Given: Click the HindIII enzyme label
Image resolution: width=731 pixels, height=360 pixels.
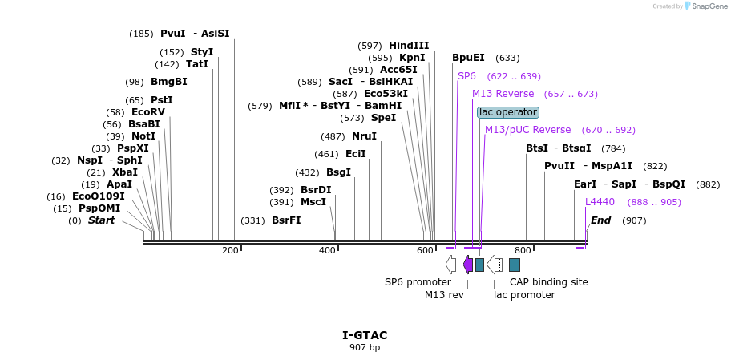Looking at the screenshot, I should tap(409, 46).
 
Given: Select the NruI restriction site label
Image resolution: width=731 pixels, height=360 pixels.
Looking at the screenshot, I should tap(364, 136).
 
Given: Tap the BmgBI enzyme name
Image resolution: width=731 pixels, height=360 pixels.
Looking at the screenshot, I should tap(168, 82).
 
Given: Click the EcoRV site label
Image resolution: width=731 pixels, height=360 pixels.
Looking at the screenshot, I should tap(147, 112).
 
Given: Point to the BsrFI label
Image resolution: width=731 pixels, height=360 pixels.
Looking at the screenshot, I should tap(286, 220).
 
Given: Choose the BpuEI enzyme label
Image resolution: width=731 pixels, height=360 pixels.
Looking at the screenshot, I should tap(468, 58).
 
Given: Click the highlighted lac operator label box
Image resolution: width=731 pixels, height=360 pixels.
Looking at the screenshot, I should tap(508, 112).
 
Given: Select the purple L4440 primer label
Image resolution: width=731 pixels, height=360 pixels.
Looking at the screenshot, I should tap(600, 202).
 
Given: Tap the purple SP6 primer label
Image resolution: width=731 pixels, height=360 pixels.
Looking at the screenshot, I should tap(466, 76).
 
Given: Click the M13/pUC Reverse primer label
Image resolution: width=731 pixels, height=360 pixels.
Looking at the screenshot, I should tap(527, 130).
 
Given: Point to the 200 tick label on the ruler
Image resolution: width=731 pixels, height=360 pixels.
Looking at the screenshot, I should tap(230, 251).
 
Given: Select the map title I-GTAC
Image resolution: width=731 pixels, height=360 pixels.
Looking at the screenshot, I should tap(365, 335).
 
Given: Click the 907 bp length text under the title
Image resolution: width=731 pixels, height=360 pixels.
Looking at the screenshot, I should tap(365, 347).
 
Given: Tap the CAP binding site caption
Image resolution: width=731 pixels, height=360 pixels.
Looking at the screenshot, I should tap(549, 282).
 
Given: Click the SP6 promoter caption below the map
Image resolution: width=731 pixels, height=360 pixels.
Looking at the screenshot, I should tap(418, 282).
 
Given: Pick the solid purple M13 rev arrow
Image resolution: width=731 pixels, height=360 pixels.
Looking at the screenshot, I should tap(468, 265).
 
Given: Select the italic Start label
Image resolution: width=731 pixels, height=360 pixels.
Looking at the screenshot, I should tap(101, 220).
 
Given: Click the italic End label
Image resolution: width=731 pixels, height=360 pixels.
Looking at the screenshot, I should tap(600, 220).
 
